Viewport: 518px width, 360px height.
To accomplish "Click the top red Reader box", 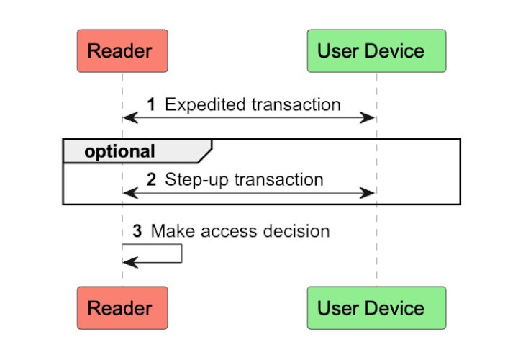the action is (122, 51).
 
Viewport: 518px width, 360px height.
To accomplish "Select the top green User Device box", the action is (376, 51).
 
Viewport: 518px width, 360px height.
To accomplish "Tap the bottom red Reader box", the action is (122, 307).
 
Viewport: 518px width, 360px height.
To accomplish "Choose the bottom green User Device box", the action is (376, 307).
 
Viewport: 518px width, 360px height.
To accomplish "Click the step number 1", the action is (151, 105).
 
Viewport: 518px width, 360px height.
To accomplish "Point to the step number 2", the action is (151, 180).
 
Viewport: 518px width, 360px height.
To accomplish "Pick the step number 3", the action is (137, 231).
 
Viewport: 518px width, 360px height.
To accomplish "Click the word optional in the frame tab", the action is (119, 152).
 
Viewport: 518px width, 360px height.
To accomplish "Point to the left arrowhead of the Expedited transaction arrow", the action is (130, 117).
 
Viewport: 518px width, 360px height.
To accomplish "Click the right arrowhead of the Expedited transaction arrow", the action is (368, 117).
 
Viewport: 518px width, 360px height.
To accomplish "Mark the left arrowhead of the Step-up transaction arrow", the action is (130, 193).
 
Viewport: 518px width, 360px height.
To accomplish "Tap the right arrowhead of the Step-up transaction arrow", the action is (368, 193).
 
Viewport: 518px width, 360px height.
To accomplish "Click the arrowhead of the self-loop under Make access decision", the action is (130, 263).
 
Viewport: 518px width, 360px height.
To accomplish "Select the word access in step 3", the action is (228, 231).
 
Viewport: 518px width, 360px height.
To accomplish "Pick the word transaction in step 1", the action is (296, 105).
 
